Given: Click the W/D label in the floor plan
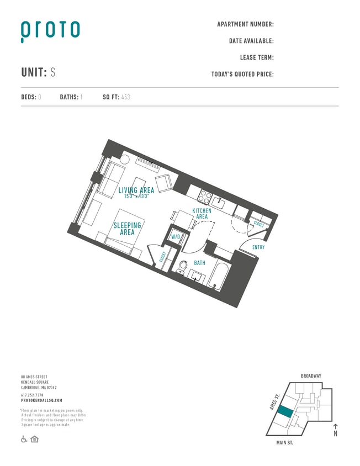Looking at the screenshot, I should click(176, 237).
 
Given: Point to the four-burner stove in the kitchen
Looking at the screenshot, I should click(205, 196).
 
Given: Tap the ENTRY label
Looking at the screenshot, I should click(258, 247).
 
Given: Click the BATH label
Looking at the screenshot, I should click(199, 263).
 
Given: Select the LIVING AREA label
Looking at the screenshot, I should click(136, 190).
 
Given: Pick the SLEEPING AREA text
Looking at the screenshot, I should click(128, 229).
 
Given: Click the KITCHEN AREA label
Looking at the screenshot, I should click(202, 214).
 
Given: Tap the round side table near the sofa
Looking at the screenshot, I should click(125, 159).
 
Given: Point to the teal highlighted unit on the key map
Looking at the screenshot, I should click(285, 412).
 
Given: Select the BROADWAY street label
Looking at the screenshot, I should click(311, 376).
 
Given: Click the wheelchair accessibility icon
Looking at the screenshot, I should click(24, 439).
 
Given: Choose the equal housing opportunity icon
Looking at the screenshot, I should click(34, 439).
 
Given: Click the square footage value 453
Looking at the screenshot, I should click(125, 97).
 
